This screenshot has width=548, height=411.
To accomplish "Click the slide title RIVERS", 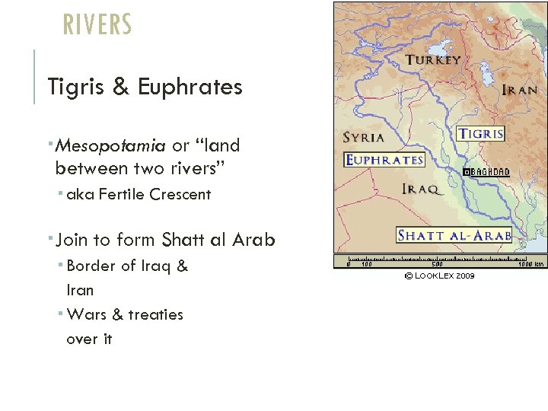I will click(x=97, y=24).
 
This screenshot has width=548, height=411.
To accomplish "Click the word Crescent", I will click(x=180, y=194).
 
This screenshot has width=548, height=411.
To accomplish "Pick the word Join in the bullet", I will click(x=72, y=240).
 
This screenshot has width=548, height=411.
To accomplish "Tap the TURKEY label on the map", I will click(x=432, y=60).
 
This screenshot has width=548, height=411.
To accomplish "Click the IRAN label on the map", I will click(x=521, y=90).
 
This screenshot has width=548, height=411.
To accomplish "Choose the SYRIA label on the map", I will click(x=364, y=139).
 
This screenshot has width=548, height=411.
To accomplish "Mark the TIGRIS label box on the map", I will click(x=480, y=134).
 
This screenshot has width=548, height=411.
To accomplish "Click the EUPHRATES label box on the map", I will click(x=384, y=160).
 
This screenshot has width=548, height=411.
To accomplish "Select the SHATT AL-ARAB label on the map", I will click(x=454, y=235).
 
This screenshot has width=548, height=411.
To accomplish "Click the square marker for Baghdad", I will click(x=467, y=173).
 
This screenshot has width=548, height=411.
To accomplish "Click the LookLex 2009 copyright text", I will click(x=439, y=276).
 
